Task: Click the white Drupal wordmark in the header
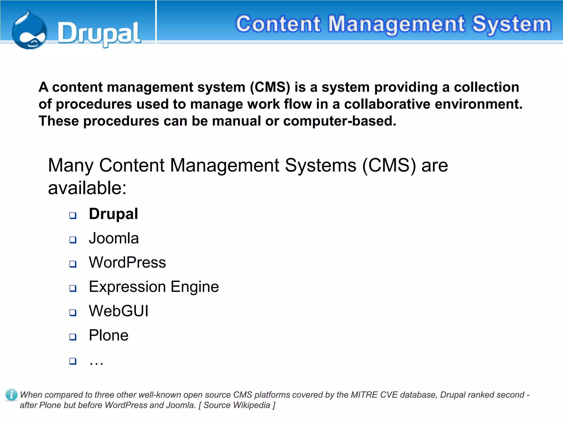point(99,34)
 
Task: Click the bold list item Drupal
point(113,214)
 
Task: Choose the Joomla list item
point(114,238)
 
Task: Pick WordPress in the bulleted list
point(128,262)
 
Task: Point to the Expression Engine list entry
point(154,287)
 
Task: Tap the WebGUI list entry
point(119,311)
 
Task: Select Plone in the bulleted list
point(109,335)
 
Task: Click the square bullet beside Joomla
point(73,240)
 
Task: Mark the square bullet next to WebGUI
point(73,313)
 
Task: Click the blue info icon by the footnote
point(11,395)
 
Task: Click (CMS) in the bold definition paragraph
point(270,87)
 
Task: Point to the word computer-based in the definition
point(340,121)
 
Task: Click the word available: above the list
point(87,188)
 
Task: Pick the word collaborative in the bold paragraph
point(387,104)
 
